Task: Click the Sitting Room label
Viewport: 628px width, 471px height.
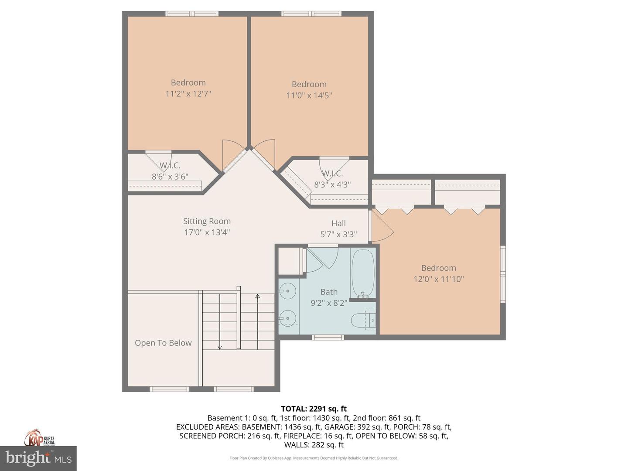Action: click(207, 221)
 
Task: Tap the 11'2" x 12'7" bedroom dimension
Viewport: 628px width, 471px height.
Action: click(188, 93)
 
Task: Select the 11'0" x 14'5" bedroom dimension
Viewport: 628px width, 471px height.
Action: click(309, 95)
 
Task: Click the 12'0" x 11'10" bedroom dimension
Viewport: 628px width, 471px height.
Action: click(438, 279)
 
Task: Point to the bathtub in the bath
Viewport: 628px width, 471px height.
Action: click(363, 273)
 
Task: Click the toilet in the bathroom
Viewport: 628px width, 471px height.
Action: click(363, 320)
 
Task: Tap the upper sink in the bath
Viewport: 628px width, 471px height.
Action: click(287, 291)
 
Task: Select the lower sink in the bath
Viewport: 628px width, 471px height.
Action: click(287, 318)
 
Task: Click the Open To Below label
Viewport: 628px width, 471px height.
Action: click(163, 343)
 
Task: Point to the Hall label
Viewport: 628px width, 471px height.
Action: click(338, 223)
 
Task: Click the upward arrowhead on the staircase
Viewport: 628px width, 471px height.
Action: click(257, 297)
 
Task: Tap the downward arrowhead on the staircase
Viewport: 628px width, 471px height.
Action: click(220, 347)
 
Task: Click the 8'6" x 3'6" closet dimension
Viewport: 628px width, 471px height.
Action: click(170, 177)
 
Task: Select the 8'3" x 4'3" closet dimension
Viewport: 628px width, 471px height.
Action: click(332, 184)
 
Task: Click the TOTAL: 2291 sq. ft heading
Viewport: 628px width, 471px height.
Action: click(314, 409)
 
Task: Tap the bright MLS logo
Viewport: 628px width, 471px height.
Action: click(38, 458)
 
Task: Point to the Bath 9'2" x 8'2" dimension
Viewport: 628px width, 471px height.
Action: click(329, 303)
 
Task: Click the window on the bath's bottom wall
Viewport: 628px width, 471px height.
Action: click(328, 337)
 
